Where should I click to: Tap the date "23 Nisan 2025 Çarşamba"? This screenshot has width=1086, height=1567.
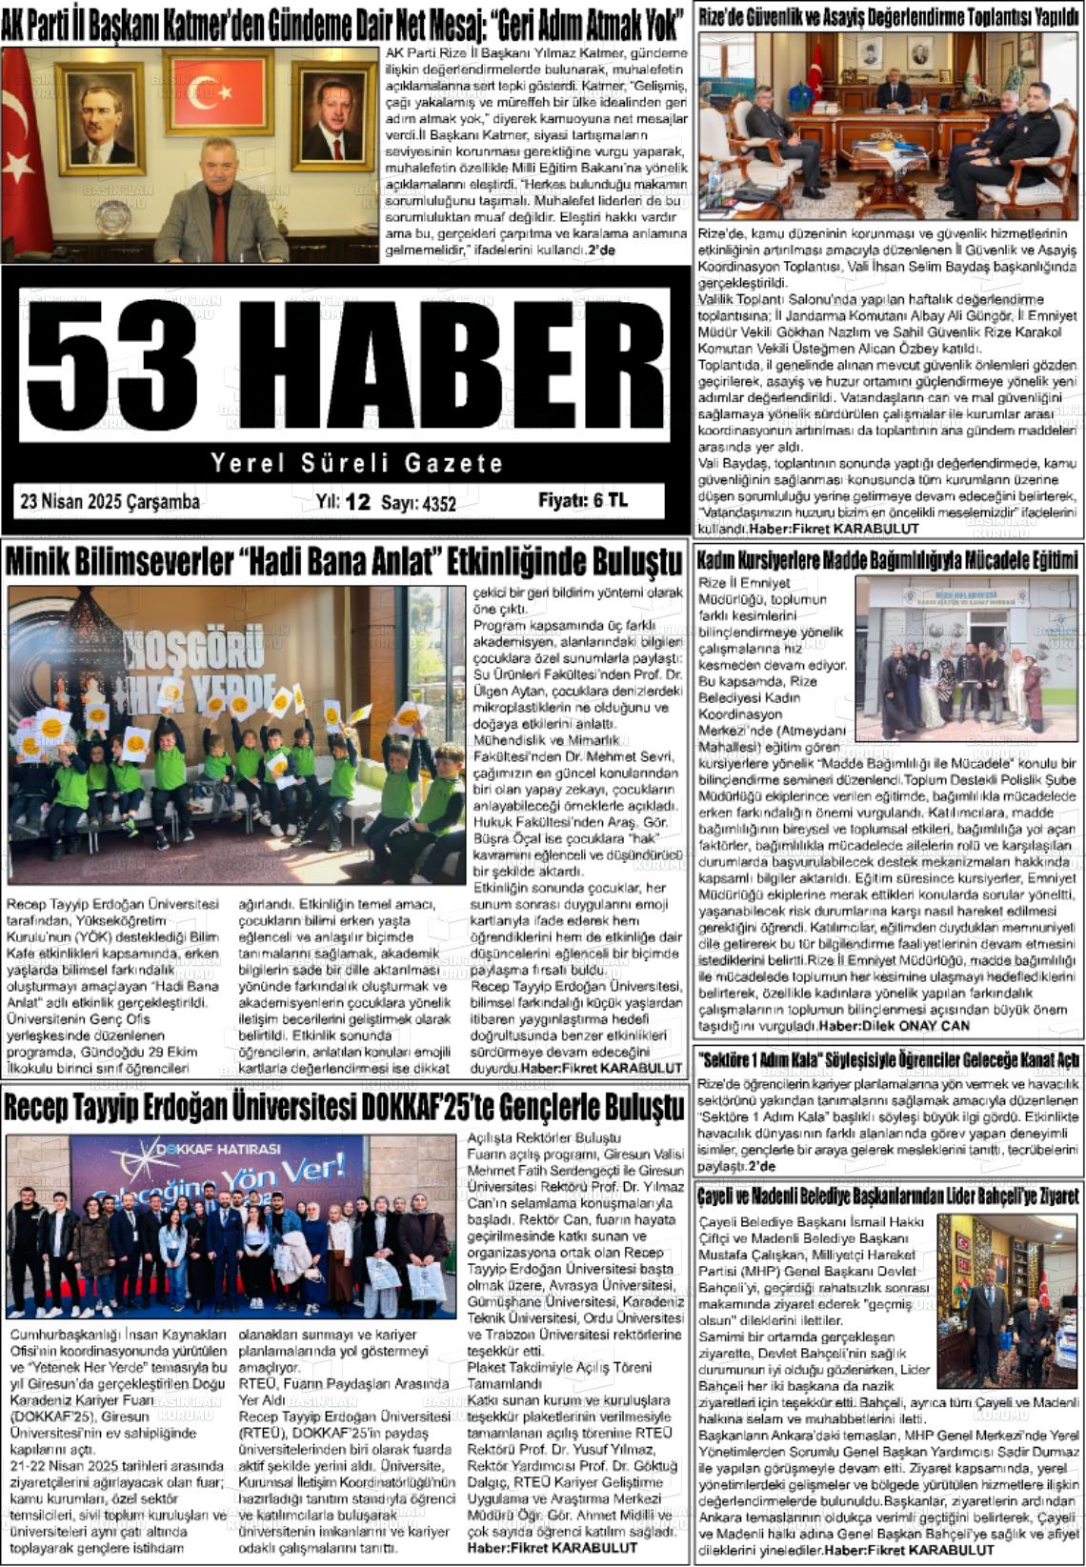point(111,501)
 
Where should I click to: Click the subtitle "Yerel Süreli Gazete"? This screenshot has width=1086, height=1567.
point(356,464)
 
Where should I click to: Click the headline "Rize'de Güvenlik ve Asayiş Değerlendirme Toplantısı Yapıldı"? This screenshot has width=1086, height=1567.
point(888,17)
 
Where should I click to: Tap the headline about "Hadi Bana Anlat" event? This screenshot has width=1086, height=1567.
point(344,561)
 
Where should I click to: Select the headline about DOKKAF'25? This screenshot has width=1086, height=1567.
point(344,1107)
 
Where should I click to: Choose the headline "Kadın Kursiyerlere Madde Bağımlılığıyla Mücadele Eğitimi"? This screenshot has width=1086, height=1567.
point(888,560)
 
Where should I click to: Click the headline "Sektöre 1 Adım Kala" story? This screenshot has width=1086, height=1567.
point(888,1059)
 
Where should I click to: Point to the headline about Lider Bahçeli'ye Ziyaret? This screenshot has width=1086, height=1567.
point(888,1195)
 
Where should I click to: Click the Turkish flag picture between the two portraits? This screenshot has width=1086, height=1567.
point(218,93)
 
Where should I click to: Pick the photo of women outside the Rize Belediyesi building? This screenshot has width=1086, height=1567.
point(964,657)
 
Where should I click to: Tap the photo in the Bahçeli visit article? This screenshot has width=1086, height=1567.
point(1005,1300)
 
